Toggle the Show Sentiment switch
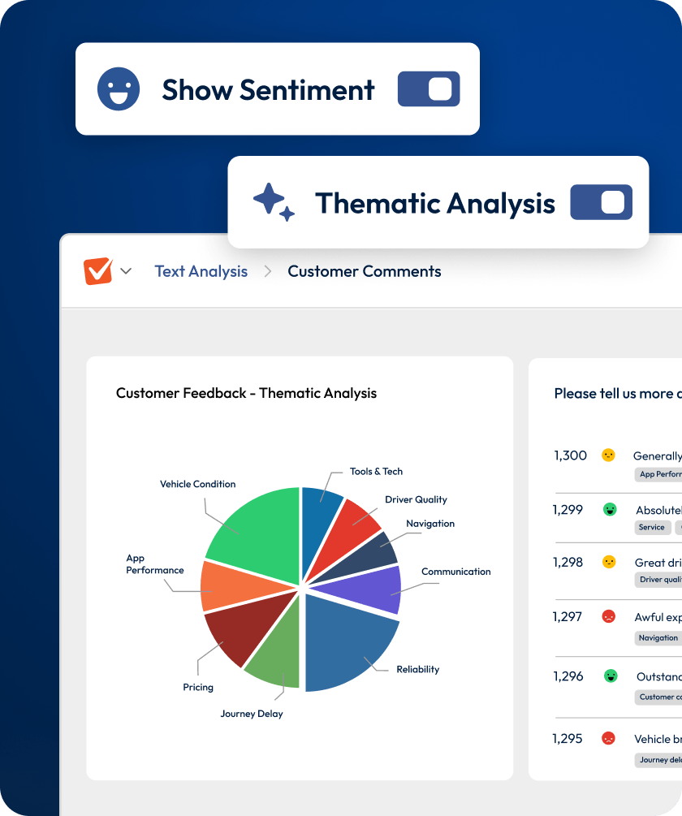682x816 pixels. pyautogui.click(x=429, y=89)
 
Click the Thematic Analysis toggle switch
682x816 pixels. pyautogui.click(x=601, y=202)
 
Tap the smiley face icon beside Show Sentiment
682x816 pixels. pyautogui.click(x=119, y=89)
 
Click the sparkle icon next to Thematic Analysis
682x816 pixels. pyautogui.click(x=273, y=201)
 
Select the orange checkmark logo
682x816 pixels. pyautogui.click(x=98, y=271)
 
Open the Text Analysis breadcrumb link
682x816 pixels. pyautogui.click(x=201, y=271)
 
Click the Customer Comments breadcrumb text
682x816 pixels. pyautogui.click(x=365, y=271)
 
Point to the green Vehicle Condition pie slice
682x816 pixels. pyautogui.click(x=256, y=528)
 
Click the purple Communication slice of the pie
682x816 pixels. pyautogui.click(x=369, y=589)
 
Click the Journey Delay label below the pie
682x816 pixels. pyautogui.click(x=252, y=714)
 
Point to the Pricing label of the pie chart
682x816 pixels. pyautogui.click(x=198, y=687)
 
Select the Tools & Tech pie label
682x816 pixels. pyautogui.click(x=376, y=471)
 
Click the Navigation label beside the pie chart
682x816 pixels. pyautogui.click(x=430, y=524)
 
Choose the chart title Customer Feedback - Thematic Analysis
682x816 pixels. pyautogui.click(x=246, y=393)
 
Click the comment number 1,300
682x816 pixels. pyautogui.click(x=570, y=455)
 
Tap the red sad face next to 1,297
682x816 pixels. pyautogui.click(x=608, y=617)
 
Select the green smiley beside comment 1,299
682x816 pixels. pyautogui.click(x=610, y=510)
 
